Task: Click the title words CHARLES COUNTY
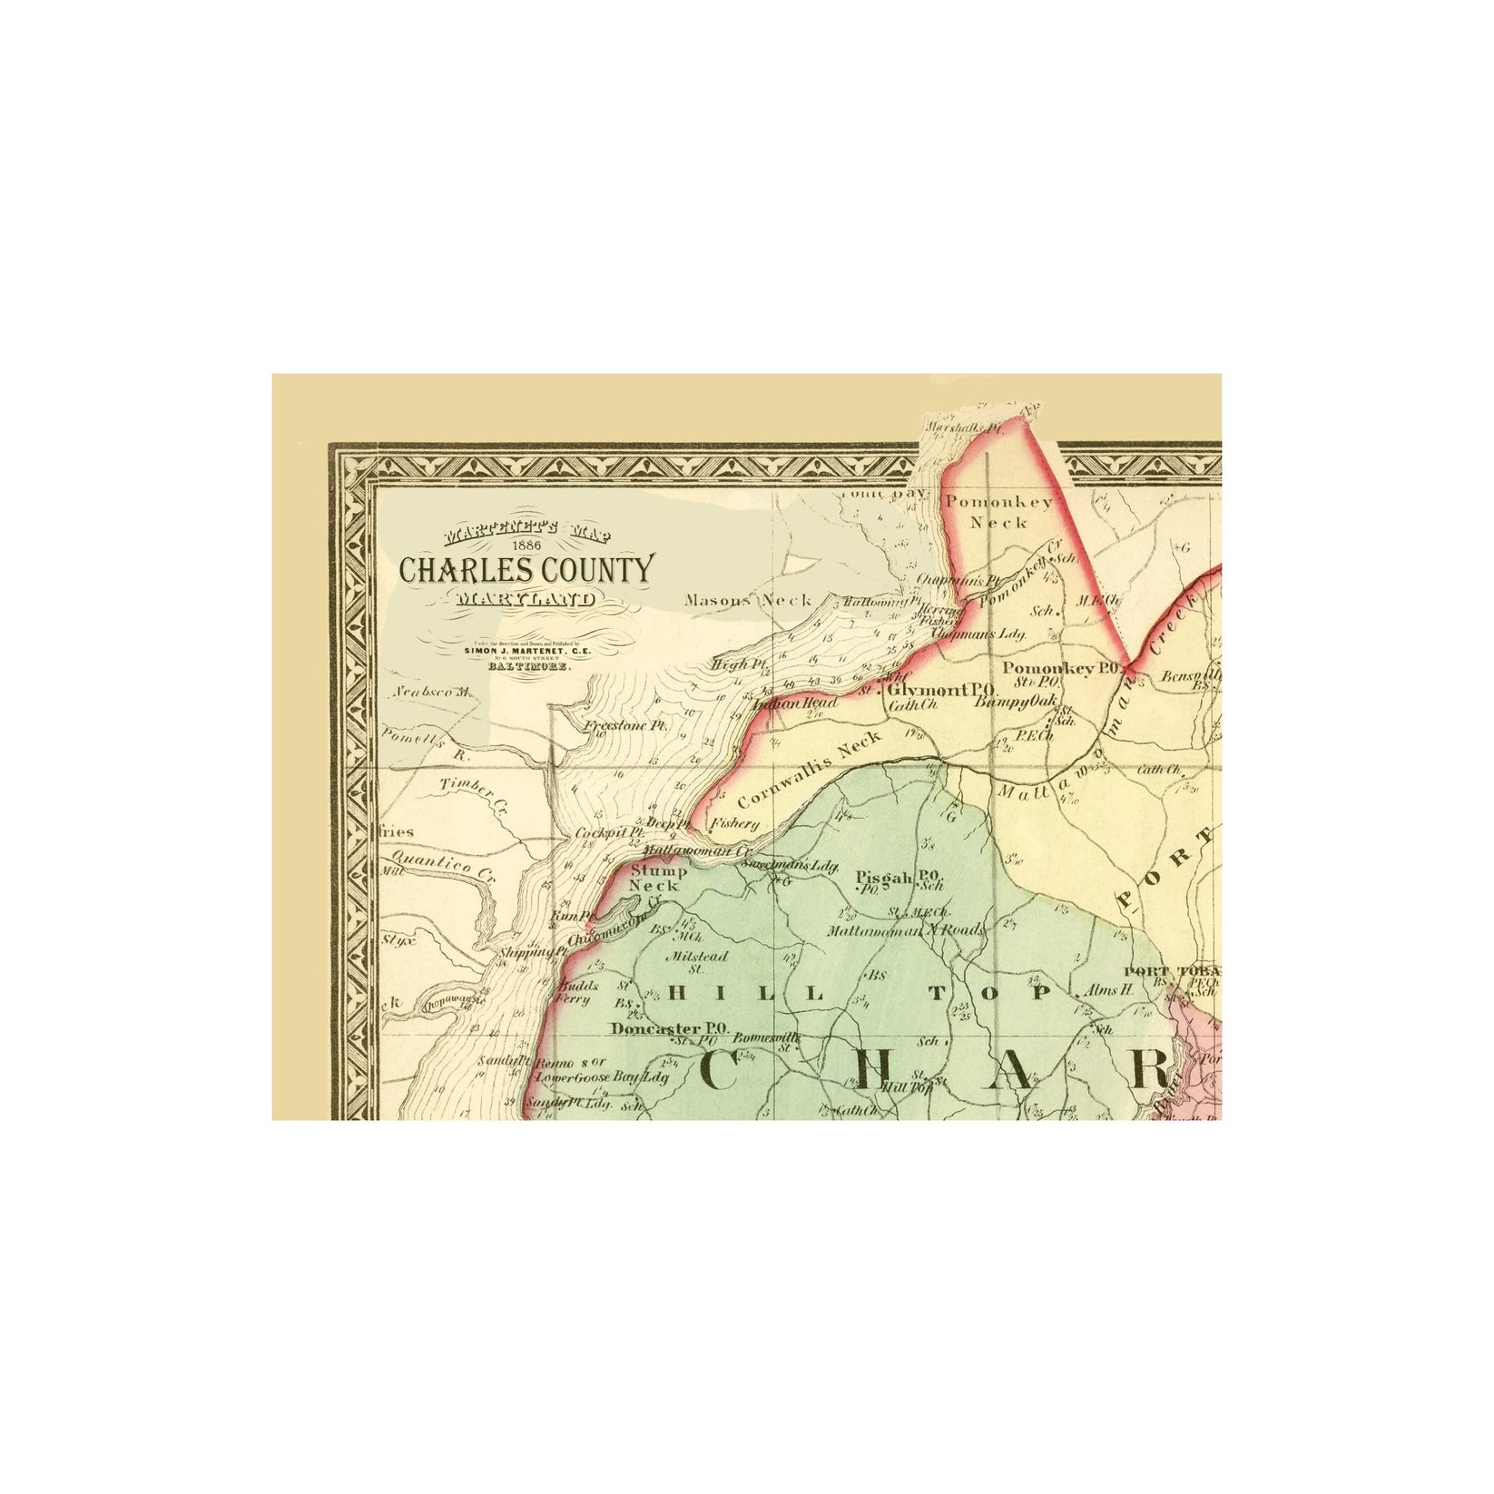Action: click(526, 569)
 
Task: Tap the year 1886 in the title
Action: click(526, 545)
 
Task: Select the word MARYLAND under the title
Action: click(526, 599)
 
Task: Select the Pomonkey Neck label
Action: click(998, 512)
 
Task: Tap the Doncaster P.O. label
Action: click(670, 1028)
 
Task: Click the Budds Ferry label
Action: click(574, 992)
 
